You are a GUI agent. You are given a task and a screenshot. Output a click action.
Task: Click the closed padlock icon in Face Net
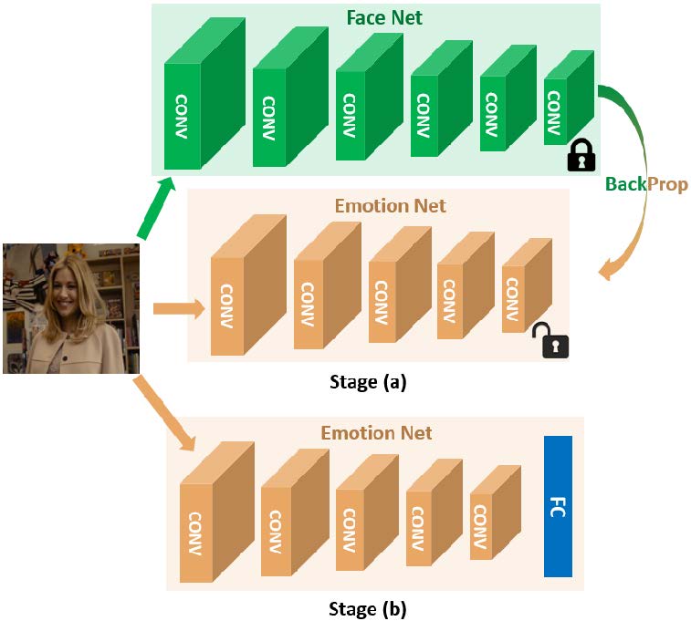point(581,156)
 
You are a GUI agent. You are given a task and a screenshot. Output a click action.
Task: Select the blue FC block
point(558,506)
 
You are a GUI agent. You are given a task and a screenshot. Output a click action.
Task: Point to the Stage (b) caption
point(367,606)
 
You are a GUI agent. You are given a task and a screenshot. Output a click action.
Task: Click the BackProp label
point(646,184)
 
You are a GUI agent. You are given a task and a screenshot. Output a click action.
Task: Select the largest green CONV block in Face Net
point(183,114)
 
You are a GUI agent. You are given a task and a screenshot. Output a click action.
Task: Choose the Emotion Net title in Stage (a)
point(378,206)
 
